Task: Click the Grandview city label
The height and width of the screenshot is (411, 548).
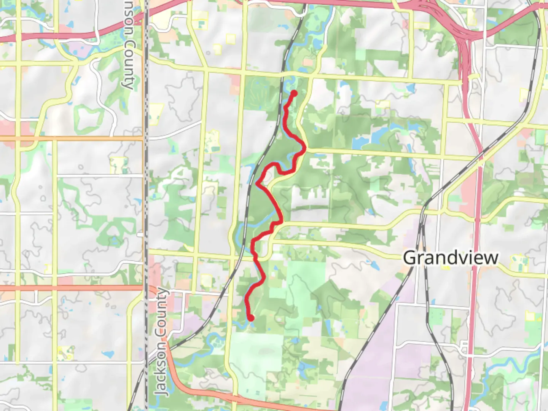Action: pos(451,258)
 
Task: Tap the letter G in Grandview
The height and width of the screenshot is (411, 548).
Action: pos(409,258)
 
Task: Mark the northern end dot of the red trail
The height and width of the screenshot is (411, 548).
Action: pos(294,93)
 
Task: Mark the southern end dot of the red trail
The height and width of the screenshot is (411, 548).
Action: pos(251,318)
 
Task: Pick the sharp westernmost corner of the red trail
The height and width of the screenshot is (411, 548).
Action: pos(257,184)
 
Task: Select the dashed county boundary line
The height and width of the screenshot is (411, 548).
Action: pos(146,190)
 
